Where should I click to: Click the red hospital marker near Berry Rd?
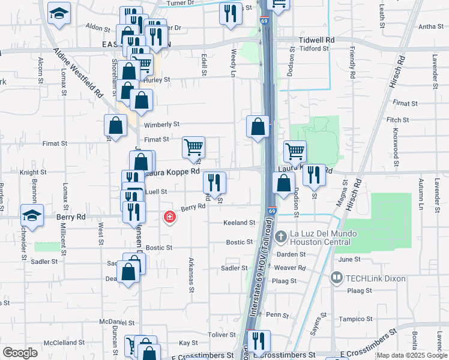[x=170, y=217]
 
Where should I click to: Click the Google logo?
[x=20, y=353]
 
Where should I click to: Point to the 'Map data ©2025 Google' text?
[x=412, y=355]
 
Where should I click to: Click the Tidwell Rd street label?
[x=316, y=40]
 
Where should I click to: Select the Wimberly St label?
[x=162, y=125]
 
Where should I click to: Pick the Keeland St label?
[x=240, y=223]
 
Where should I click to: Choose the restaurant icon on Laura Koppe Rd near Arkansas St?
[x=214, y=181]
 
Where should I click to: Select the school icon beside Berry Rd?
[x=32, y=214]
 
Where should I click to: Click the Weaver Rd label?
[x=293, y=269]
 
